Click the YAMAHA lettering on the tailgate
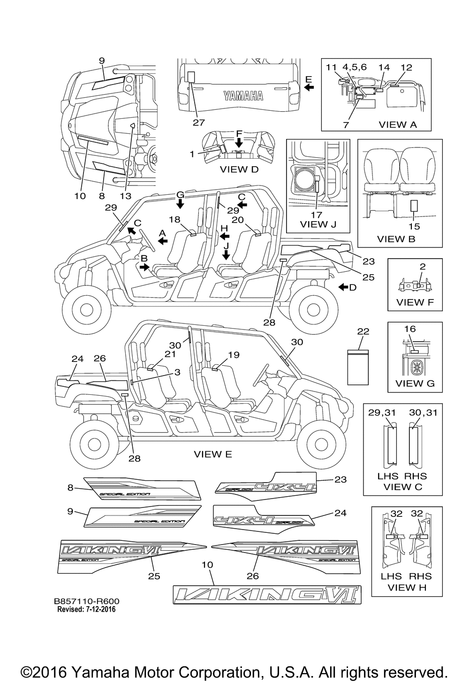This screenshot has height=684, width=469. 243,96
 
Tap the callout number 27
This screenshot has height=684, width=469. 198,123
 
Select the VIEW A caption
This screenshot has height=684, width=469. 398,124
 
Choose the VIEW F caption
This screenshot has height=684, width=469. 415,302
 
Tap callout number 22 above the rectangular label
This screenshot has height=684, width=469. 363,331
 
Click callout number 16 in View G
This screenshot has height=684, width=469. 410,329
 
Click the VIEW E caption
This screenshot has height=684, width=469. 213,454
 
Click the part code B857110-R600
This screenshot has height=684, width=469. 86,601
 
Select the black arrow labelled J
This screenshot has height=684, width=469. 226,254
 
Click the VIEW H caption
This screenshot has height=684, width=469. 407,587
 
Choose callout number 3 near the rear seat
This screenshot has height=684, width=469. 177,372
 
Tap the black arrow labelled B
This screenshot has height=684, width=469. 145,267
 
